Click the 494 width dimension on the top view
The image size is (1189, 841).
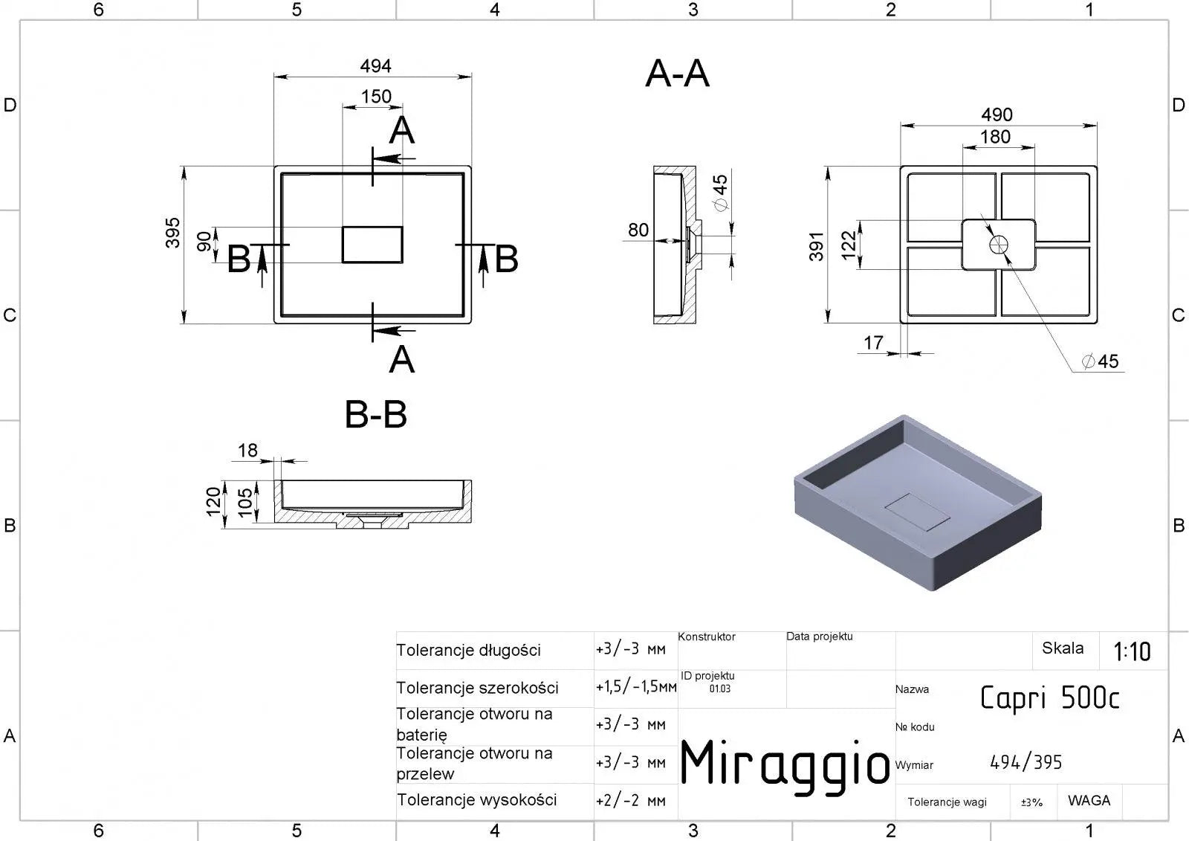coord(375,66)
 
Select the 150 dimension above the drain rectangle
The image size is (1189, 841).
coord(376,97)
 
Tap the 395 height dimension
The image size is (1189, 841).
coord(172,233)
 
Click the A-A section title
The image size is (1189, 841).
coord(677,74)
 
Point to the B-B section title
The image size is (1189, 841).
coord(376,415)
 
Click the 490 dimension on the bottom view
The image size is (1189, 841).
coord(997,115)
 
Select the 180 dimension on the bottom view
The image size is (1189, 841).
coord(995,137)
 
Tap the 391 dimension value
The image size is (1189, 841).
coord(817,246)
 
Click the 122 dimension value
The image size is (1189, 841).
coord(849,244)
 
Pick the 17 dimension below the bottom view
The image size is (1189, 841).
coord(873,343)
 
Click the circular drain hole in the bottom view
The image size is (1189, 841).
coord(997,244)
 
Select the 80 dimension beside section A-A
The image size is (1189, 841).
coord(638,230)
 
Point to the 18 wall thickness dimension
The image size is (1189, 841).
coord(247,451)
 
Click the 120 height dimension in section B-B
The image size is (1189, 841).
coord(214,501)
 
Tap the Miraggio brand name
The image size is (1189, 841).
coord(785,764)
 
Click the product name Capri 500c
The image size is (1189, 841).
coord(1049,698)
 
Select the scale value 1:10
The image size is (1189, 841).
coord(1132,652)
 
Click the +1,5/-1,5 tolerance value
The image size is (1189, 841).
coord(635,687)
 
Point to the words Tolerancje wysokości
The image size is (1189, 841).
coord(476,800)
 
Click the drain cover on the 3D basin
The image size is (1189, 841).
coord(919,512)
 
